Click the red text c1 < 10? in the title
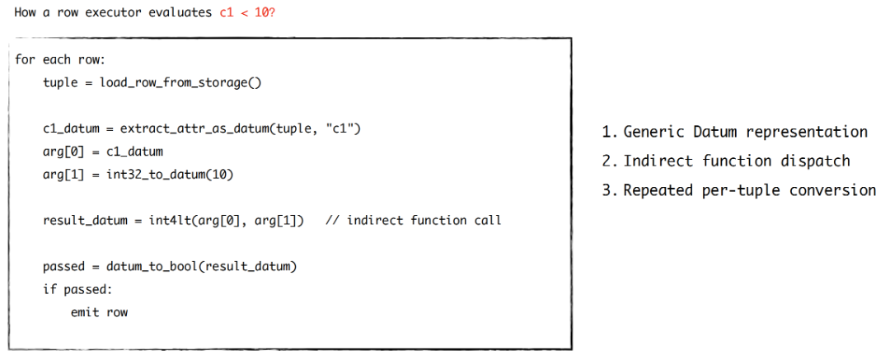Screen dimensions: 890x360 [247, 12]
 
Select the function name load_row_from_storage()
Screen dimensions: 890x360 [180, 83]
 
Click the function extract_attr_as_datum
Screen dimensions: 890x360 [194, 129]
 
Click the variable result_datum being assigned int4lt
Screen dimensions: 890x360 [85, 220]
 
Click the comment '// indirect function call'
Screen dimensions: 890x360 [413, 220]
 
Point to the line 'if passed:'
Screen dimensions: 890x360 [77, 289]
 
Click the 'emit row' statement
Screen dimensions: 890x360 [100, 311]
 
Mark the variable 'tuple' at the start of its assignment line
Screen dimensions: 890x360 [60, 83]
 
